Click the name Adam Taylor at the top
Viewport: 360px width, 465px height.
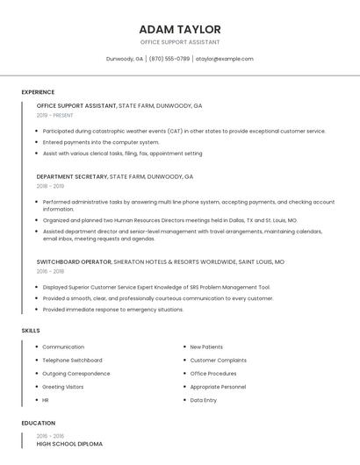point(180,29)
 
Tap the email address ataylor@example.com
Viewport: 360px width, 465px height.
point(224,59)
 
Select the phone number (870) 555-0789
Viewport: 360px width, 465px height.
point(169,59)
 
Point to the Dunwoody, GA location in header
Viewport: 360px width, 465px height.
point(125,59)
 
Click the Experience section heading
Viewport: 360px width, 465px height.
point(38,92)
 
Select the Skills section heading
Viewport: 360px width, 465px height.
point(31,330)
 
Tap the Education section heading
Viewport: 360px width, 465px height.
point(38,423)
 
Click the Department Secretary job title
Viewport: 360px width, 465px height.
point(71,176)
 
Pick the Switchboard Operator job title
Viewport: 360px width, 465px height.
point(74,261)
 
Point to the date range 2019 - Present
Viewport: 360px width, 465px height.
point(55,115)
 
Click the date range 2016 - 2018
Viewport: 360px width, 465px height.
point(50,271)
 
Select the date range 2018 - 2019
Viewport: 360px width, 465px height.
point(50,186)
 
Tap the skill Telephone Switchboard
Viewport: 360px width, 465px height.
point(72,360)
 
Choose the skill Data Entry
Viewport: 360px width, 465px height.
point(203,400)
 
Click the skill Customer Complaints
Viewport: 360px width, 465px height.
point(218,360)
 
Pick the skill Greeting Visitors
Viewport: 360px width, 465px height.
point(63,387)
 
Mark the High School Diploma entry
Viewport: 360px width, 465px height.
point(69,444)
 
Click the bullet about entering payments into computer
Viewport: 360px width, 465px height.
point(101,142)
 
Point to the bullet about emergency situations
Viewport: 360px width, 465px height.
point(112,309)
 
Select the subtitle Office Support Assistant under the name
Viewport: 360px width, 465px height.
point(180,42)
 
